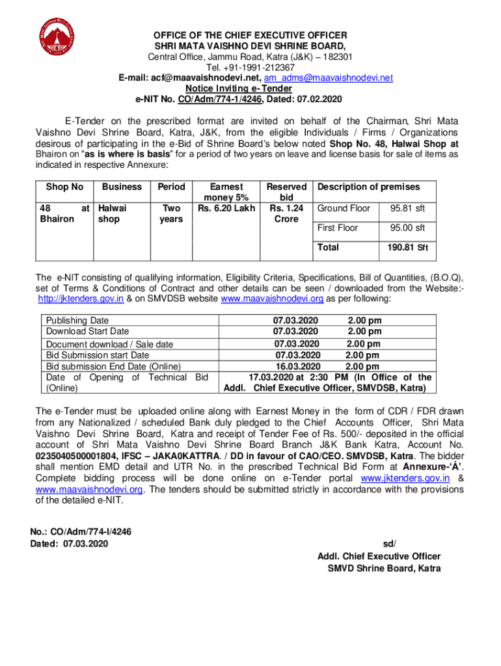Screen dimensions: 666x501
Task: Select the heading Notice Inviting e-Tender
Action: [238, 89]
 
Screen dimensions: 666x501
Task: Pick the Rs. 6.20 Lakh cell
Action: [226, 209]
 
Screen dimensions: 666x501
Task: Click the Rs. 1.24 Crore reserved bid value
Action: [286, 214]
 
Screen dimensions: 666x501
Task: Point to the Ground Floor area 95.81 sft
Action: [407, 209]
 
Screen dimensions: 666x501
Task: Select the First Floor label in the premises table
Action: [337, 228]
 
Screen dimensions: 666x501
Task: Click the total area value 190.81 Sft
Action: [407, 248]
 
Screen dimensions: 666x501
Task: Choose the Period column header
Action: [172, 187]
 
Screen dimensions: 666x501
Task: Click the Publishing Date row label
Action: [77, 321]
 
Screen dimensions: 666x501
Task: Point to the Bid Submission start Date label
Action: [97, 355]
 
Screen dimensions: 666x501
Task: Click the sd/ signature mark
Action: [390, 544]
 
